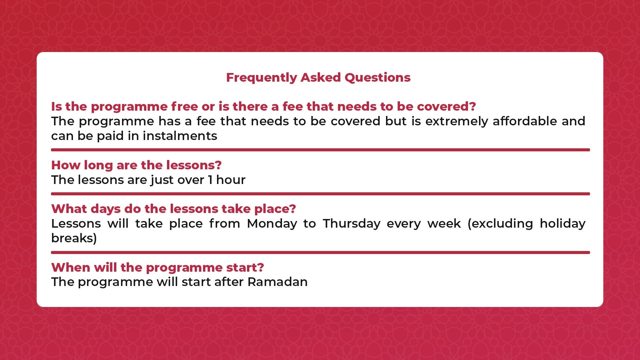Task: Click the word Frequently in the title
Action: tap(261, 78)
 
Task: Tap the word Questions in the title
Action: tap(377, 78)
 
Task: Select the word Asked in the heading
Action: tap(321, 77)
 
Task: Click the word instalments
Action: tap(180, 136)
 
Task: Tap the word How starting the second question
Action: tap(66, 165)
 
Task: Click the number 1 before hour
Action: tap(210, 180)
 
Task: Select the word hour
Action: tap(231, 180)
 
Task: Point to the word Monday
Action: tap(272, 224)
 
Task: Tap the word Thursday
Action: tap(352, 224)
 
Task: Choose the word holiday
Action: tap(562, 224)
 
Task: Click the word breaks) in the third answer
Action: tap(74, 238)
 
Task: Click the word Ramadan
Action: tap(277, 282)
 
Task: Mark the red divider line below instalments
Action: tap(320, 150)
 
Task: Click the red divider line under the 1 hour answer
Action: tap(320, 194)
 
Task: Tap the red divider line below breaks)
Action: tap(320, 253)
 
